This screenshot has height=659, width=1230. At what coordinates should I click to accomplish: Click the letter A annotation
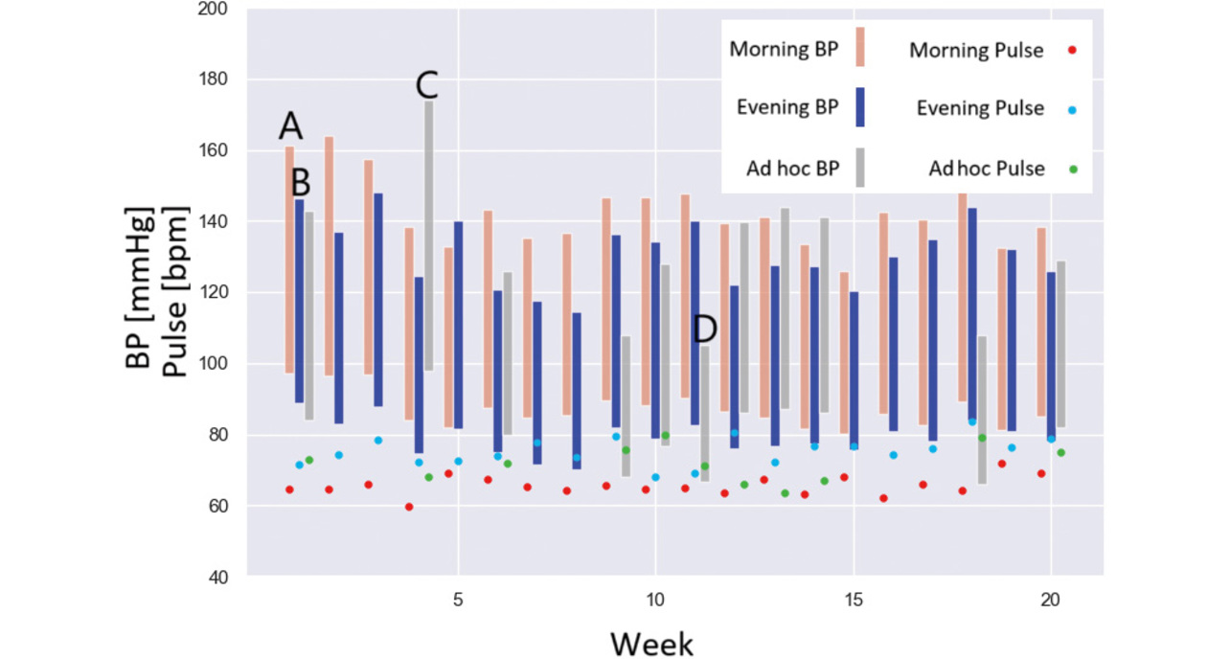291,125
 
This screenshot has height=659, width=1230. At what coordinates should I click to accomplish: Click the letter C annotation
426,86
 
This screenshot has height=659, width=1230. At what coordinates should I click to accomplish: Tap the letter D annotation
704,329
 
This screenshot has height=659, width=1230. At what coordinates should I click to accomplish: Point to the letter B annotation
301,183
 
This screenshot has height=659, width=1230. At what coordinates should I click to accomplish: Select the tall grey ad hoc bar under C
428,235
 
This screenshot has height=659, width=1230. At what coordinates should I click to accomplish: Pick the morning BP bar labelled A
289,259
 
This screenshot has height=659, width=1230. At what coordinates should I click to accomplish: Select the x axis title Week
651,642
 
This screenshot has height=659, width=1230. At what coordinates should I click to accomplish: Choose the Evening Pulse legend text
979,108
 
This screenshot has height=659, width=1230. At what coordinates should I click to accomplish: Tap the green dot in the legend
1073,169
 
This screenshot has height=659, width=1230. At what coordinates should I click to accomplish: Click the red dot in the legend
1073,51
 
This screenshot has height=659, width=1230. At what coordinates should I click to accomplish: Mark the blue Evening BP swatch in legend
859,107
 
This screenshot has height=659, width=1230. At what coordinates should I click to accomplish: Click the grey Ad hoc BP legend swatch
859,168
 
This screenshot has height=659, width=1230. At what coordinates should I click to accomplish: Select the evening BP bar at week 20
1051,354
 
